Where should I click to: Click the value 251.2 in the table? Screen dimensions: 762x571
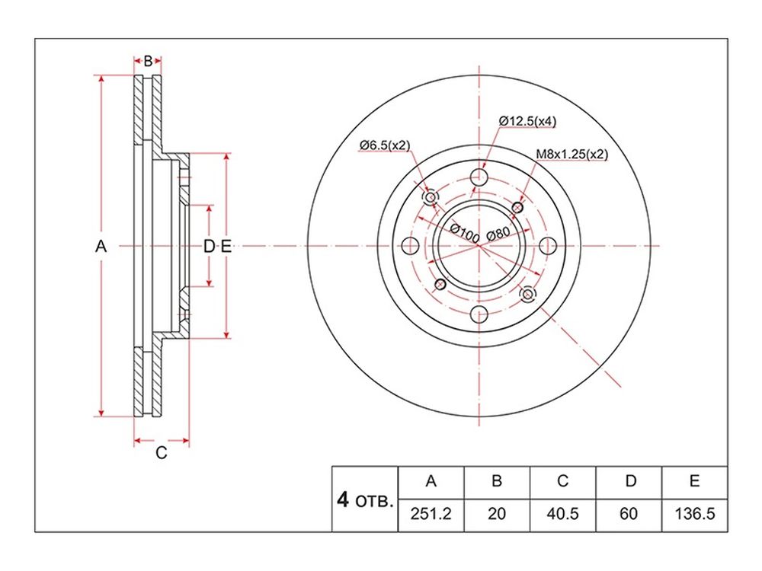point(431,514)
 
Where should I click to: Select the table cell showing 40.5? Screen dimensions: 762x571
point(562,514)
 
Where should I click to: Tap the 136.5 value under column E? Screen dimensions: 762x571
point(694,514)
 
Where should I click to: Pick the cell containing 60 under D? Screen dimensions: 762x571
point(629,514)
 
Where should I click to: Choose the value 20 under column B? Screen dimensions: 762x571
point(497,514)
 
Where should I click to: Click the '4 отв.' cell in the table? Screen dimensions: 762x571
point(364,499)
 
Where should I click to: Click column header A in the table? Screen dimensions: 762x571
point(431,480)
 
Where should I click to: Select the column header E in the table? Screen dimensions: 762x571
point(694,480)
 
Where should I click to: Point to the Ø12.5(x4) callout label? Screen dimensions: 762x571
point(527,121)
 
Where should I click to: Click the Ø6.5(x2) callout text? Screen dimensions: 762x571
point(384,145)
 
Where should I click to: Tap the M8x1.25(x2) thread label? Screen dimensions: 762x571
point(571,154)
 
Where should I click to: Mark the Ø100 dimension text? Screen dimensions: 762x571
point(465,234)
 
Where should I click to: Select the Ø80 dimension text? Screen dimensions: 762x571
point(498,234)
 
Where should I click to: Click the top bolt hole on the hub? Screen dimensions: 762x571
point(479,177)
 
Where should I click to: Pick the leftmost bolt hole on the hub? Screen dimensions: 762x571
point(411,246)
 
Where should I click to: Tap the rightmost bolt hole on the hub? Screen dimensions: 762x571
point(548,246)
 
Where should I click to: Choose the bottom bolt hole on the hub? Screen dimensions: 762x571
point(479,314)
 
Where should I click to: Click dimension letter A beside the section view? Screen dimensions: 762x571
point(101,247)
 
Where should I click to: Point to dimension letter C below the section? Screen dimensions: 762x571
point(162,452)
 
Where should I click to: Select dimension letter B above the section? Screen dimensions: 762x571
point(149,61)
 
